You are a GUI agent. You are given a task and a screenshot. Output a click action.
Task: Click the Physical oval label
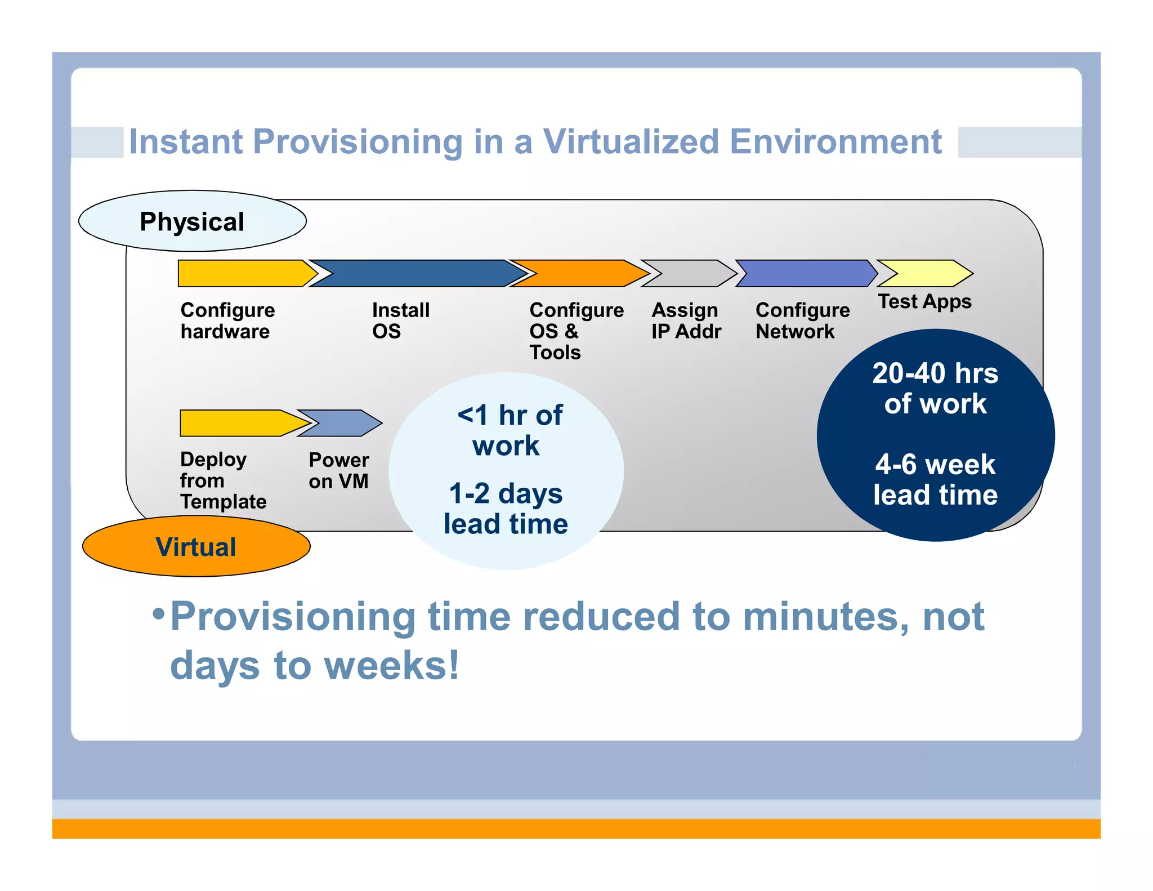(x=192, y=221)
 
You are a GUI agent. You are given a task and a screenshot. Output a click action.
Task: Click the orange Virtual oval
(x=196, y=546)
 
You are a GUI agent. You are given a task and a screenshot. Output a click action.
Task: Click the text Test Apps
(x=924, y=302)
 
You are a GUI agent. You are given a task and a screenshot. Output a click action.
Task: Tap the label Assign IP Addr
(x=686, y=320)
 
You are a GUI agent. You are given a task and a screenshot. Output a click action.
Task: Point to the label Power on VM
(x=338, y=470)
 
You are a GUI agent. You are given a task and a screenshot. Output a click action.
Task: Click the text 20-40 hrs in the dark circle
(x=935, y=373)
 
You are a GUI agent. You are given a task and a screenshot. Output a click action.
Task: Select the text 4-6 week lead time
(x=935, y=480)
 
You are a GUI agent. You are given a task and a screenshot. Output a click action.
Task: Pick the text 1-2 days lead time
(x=506, y=509)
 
